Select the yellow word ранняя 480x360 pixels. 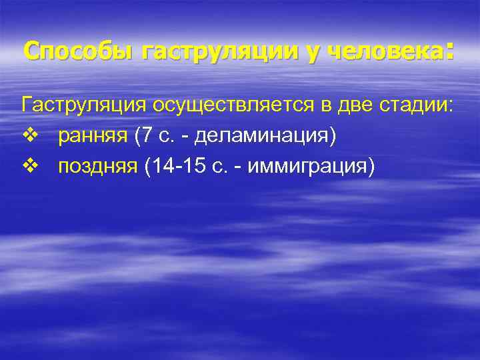[x=93, y=136]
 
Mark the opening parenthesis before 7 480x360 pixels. [x=137, y=136]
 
